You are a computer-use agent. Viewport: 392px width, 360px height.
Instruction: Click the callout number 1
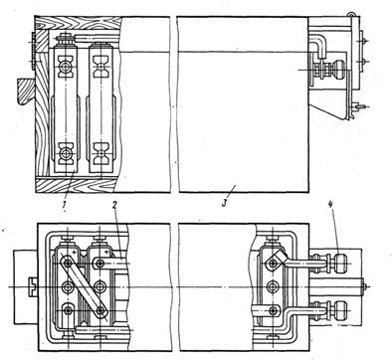tap(66, 203)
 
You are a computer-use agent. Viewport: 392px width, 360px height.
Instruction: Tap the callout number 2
tap(114, 205)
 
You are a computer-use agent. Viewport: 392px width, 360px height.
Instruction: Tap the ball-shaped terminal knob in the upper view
tap(337, 70)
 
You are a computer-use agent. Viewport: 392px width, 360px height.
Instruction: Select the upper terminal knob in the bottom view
tap(340, 264)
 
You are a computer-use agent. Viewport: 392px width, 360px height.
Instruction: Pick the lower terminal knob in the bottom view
tap(341, 311)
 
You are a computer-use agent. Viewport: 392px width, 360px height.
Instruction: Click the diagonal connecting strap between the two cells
tap(84, 286)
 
